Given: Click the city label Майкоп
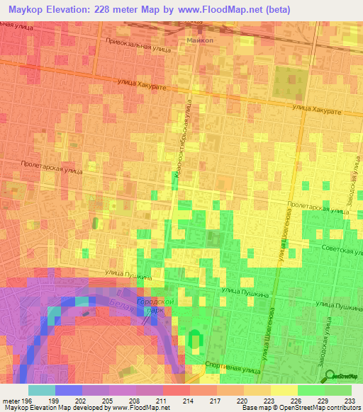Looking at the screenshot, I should [x=201, y=40].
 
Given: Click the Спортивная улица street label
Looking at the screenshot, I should [x=231, y=367].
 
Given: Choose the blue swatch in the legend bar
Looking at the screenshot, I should [x=68, y=390].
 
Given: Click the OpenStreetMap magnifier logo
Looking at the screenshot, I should [x=330, y=376].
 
